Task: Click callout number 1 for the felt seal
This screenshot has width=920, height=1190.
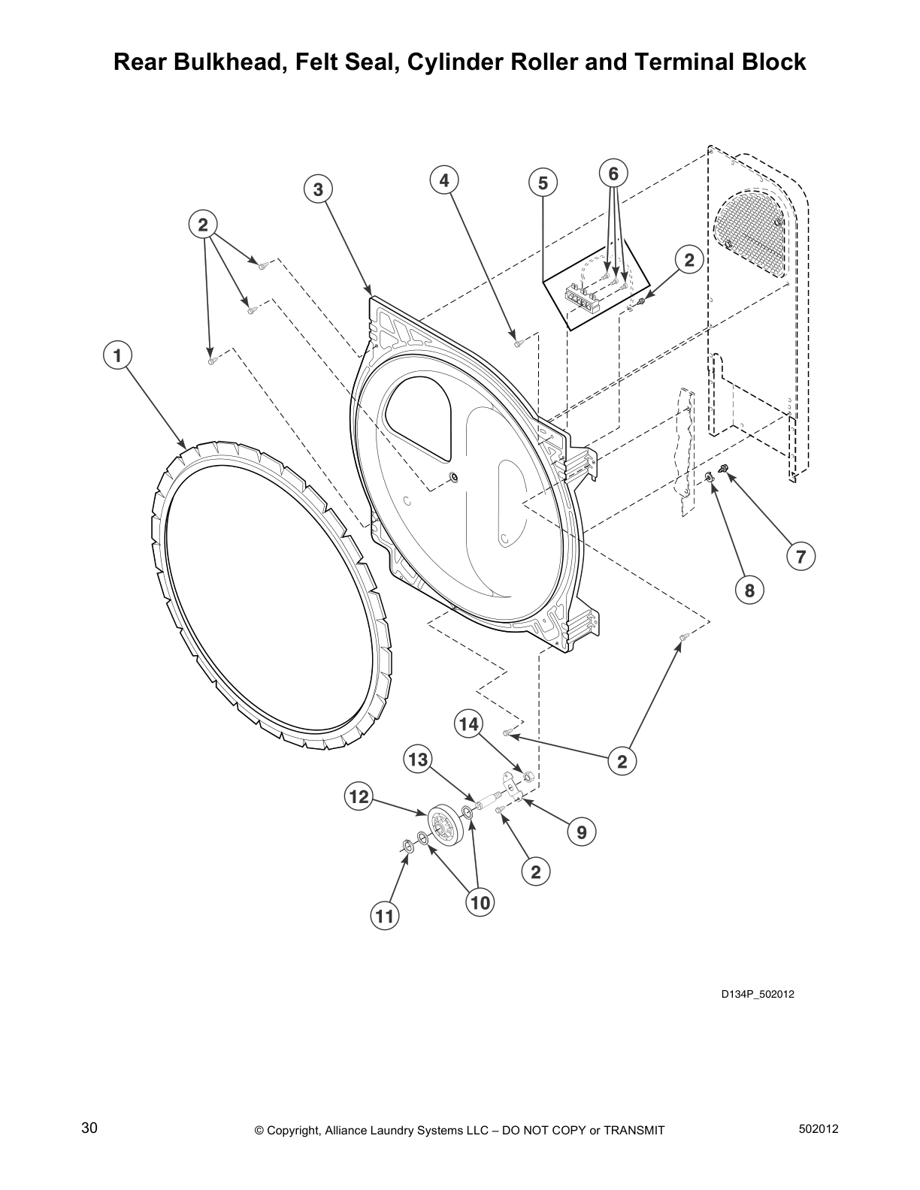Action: [x=117, y=355]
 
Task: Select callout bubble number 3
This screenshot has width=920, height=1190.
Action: [x=318, y=190]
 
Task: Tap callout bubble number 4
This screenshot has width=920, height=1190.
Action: [x=444, y=180]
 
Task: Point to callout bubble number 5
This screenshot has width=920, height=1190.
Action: [x=543, y=183]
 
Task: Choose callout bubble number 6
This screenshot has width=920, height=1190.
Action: [x=613, y=174]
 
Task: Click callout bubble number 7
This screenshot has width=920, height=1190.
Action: [x=800, y=557]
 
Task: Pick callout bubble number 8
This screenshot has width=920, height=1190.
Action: [x=749, y=590]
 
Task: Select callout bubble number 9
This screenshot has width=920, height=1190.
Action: [x=581, y=831]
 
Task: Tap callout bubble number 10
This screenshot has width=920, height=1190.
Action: [x=480, y=902]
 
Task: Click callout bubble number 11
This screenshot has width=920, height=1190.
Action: [x=384, y=917]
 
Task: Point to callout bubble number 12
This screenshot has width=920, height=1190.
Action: [x=359, y=796]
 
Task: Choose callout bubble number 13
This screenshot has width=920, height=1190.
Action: [x=417, y=760]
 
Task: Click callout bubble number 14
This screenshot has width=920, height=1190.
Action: [x=468, y=724]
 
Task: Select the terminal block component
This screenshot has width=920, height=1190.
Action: [x=583, y=296]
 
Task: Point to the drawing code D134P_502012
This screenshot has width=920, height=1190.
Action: [x=758, y=995]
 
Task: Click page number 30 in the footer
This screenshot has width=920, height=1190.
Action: [x=89, y=1128]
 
